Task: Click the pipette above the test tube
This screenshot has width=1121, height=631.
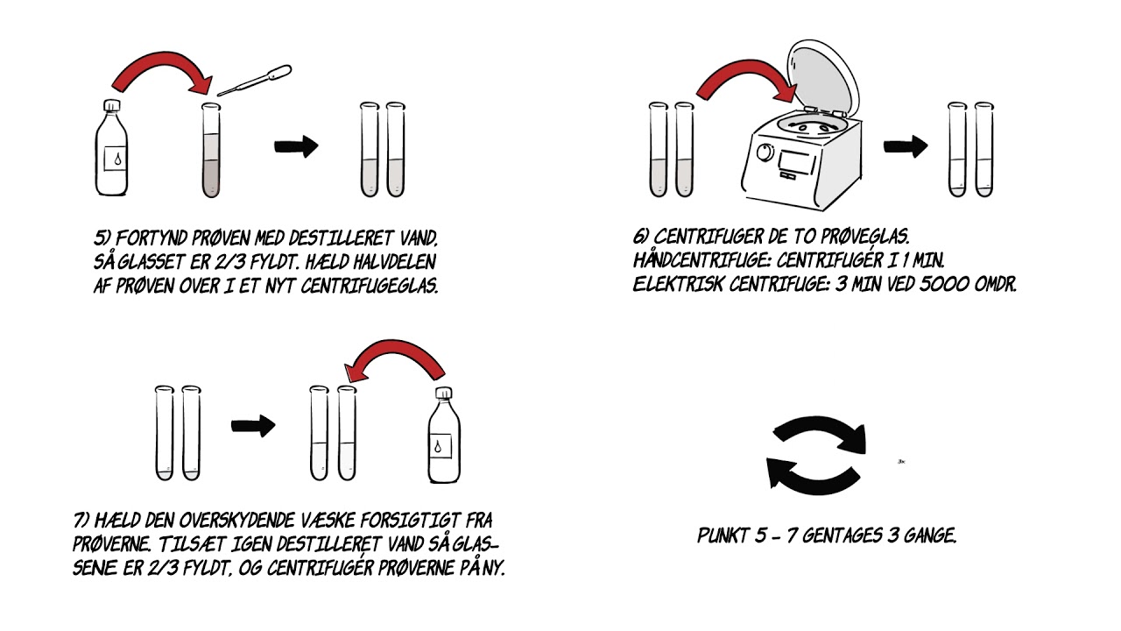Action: pyautogui.click(x=255, y=80)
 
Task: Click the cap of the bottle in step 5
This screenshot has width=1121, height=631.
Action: pyautogui.click(x=110, y=107)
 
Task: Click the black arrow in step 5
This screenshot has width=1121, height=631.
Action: pyautogui.click(x=296, y=147)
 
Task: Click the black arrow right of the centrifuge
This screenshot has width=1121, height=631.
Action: pyautogui.click(x=905, y=147)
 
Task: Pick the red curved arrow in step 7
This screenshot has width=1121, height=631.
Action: pyautogui.click(x=395, y=358)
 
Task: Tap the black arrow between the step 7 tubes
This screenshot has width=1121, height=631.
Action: pyautogui.click(x=253, y=427)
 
